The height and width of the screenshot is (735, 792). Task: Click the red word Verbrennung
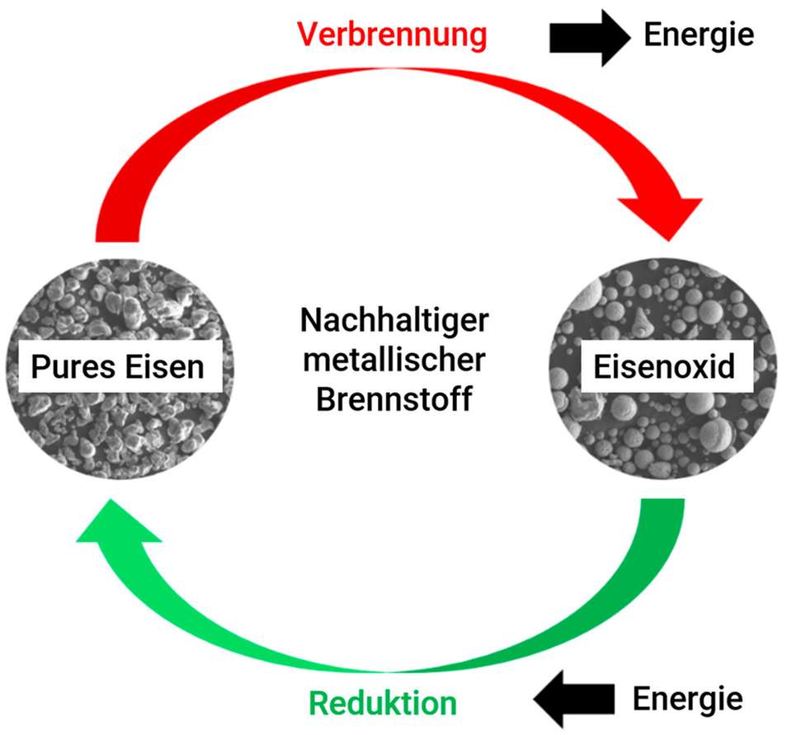(392, 35)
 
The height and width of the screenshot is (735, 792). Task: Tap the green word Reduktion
(382, 703)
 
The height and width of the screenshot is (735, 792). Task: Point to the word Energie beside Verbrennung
(699, 35)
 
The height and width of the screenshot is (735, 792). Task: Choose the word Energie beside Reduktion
(687, 700)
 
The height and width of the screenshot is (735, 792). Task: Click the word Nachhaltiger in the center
(394, 321)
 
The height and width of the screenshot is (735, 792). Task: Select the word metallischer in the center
(394, 360)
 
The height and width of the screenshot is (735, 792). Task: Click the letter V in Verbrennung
(306, 35)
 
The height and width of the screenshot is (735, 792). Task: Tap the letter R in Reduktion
(318, 703)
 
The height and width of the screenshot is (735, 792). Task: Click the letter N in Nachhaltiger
(310, 321)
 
